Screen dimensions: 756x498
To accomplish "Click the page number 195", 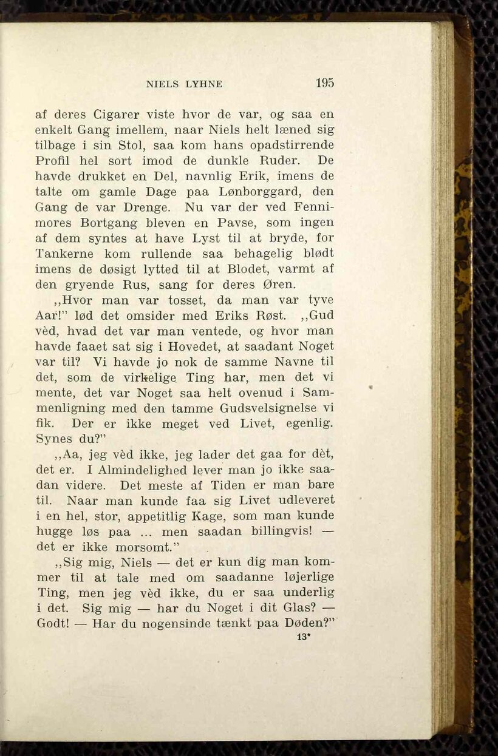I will [324, 83].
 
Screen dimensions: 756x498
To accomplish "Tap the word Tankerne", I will [64, 254].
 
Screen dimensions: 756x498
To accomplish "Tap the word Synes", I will [54, 439].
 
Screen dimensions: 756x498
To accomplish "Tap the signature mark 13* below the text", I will [304, 638].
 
